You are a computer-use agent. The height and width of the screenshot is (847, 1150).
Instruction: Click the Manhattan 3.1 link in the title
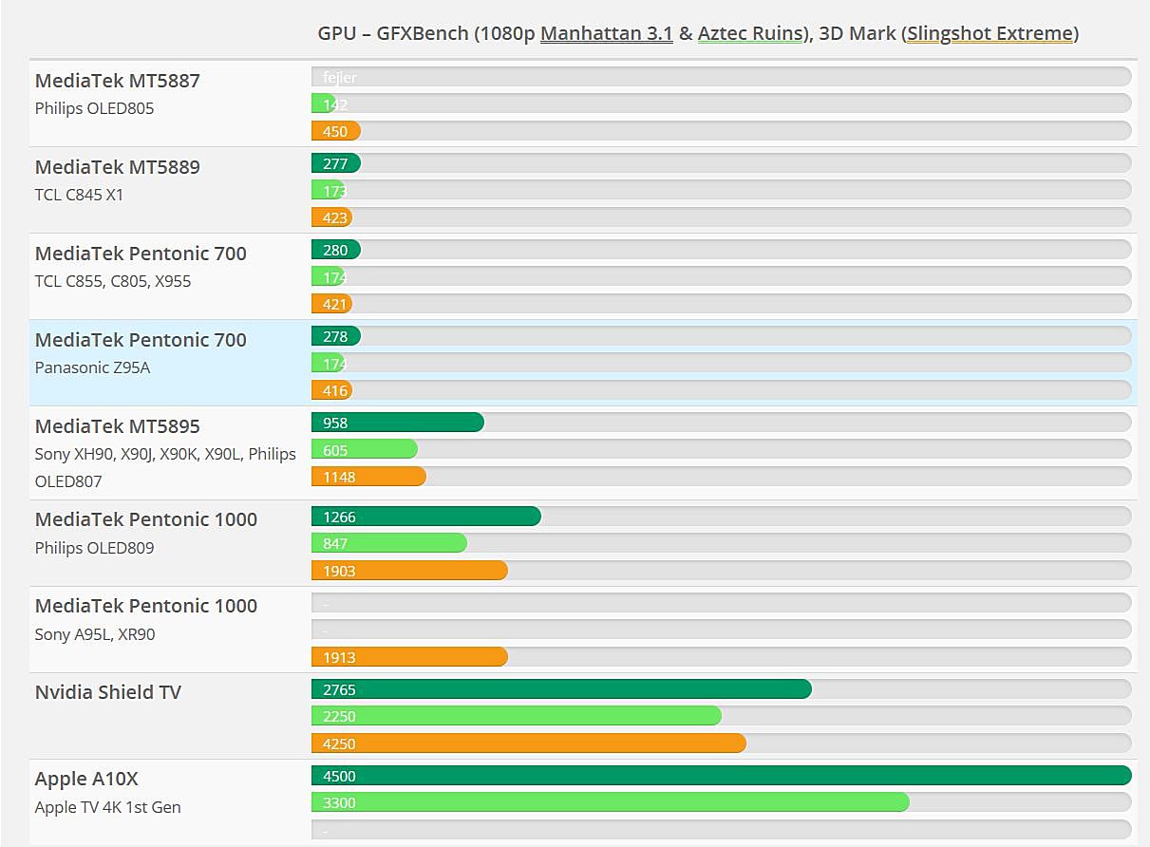coord(606,34)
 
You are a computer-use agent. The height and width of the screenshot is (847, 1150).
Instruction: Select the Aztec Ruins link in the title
coord(750,34)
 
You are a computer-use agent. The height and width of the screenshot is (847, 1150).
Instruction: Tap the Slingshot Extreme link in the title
coord(990,34)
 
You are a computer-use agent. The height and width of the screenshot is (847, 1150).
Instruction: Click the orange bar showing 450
coord(336,132)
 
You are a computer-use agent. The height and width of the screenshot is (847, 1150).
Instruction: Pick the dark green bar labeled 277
coord(336,163)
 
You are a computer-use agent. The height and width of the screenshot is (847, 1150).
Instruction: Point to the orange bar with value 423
coord(332,217)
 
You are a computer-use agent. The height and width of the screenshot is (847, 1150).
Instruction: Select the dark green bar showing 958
coord(397,423)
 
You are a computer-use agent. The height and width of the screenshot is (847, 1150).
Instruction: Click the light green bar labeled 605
coord(365,450)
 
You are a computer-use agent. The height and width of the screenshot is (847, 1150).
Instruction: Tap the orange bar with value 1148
coord(368,477)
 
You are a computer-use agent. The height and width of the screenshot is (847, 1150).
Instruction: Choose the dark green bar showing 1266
coord(425,517)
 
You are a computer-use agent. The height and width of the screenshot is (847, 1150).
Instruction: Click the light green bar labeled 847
coord(389,543)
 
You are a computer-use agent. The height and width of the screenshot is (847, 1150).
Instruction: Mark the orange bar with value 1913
coord(409,657)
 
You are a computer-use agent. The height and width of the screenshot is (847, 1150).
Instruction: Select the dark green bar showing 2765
coord(560,689)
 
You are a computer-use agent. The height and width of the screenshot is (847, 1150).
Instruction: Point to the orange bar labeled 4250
coord(528,743)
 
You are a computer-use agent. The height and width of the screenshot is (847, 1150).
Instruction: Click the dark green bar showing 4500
coord(721,776)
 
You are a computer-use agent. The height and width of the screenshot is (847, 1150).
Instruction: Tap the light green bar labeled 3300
coord(610,803)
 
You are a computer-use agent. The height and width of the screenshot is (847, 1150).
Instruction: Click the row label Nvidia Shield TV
coord(107,692)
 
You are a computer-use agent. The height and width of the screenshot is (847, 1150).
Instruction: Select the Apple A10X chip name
coord(86,780)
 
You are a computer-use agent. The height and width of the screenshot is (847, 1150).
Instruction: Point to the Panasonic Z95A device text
coord(92,367)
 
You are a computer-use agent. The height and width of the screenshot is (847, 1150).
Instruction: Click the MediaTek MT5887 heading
coord(117,81)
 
